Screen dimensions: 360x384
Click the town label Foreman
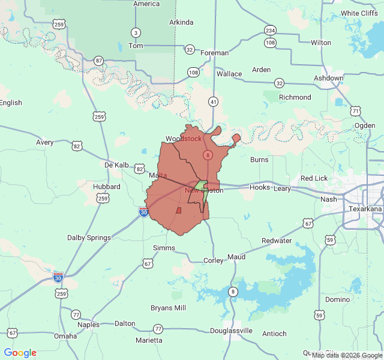click(214, 53)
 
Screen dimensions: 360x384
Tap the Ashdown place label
click(328, 78)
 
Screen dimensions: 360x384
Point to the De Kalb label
click(116, 165)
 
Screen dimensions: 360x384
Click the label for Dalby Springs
click(89, 238)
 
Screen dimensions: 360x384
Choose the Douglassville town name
click(231, 331)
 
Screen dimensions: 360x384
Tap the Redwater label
click(277, 241)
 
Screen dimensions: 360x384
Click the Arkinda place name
click(181, 22)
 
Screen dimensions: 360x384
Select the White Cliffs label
click(359, 13)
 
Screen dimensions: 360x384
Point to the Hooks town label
click(260, 187)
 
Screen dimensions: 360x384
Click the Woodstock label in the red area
click(184, 139)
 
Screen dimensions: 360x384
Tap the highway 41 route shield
click(214, 103)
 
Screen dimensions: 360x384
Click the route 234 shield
click(271, 31)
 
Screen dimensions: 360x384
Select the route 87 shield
click(99, 61)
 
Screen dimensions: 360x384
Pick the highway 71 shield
click(356, 111)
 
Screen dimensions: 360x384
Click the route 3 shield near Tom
click(136, 32)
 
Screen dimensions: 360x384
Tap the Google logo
click(20, 353)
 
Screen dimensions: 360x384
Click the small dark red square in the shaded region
click(179, 211)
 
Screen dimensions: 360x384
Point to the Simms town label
click(164, 248)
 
